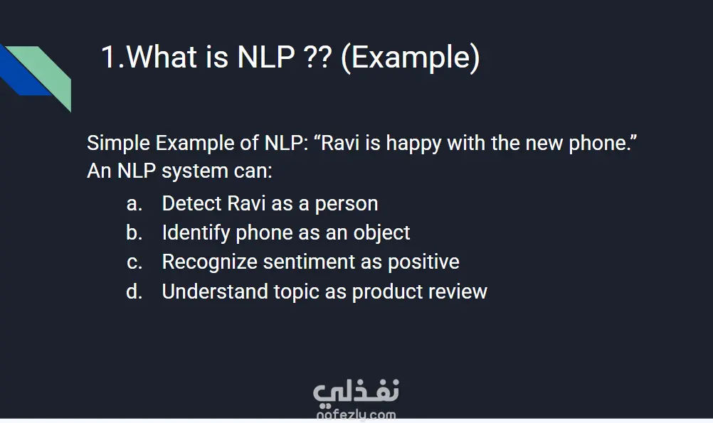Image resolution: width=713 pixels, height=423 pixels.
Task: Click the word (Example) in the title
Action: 410,58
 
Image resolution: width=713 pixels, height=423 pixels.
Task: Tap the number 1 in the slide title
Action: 108,58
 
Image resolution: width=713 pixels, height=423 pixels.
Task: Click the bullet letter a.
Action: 134,203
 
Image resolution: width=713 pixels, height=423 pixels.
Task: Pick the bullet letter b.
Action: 134,232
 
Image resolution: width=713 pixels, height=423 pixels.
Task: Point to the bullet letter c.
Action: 134,262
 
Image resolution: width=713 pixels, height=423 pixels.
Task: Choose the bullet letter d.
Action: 134,291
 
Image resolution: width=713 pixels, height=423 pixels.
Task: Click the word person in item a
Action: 347,205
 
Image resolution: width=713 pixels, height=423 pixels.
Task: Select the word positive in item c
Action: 423,262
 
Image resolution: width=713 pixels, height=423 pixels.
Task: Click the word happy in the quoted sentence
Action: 413,144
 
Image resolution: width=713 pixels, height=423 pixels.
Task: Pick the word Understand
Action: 215,291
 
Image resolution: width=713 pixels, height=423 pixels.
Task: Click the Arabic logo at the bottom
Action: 356,392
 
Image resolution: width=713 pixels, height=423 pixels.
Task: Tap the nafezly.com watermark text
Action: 356,414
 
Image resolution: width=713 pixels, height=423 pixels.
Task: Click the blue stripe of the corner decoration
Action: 23,73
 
